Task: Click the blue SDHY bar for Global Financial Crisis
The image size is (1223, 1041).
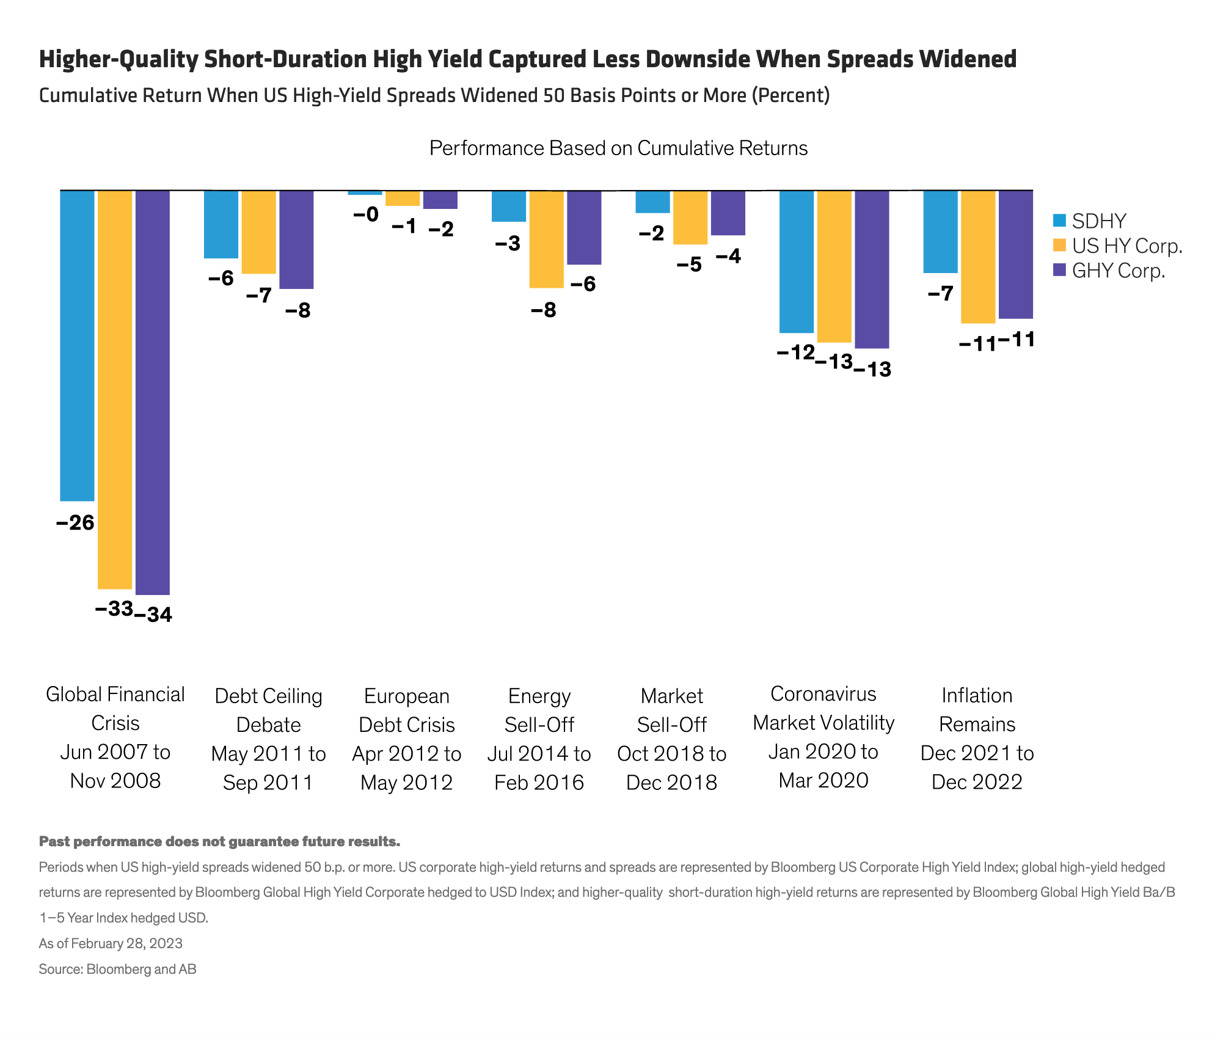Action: click(77, 345)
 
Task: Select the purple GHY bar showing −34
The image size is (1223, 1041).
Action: click(153, 392)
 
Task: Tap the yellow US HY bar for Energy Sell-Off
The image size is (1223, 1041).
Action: click(546, 239)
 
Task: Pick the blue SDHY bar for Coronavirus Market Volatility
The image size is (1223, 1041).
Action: click(797, 261)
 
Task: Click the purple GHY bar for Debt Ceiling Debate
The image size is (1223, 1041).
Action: click(296, 239)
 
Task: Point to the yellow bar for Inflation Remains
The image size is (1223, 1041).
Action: click(977, 257)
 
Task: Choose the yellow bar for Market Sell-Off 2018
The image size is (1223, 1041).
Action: click(690, 217)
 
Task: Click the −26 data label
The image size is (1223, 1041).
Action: click(75, 523)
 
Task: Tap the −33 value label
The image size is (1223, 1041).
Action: click(114, 608)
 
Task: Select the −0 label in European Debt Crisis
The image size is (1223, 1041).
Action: click(366, 214)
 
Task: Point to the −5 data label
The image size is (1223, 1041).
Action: click(689, 265)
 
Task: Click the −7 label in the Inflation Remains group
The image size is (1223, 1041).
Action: click(940, 294)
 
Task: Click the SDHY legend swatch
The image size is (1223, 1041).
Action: click(1060, 221)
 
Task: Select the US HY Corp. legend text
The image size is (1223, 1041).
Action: click(1127, 246)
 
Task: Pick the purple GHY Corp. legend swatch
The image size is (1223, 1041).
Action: click(1060, 270)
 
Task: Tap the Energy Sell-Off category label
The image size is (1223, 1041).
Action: click(539, 739)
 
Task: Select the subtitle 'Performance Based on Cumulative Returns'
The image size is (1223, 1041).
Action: click(618, 148)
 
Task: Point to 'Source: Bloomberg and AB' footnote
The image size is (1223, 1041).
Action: click(117, 969)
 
